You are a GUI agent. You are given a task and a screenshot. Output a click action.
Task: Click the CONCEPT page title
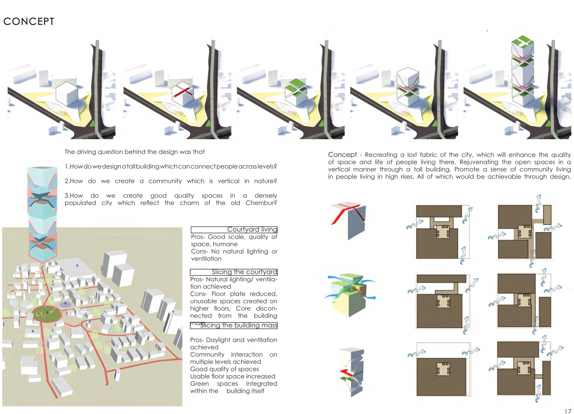[x=29, y=22]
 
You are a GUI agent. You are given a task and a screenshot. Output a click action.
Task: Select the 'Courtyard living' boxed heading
[x=234, y=229]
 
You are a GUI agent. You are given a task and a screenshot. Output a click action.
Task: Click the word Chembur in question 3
[x=261, y=203]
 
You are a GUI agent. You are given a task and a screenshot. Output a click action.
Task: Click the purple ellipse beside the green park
[x=65, y=304]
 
